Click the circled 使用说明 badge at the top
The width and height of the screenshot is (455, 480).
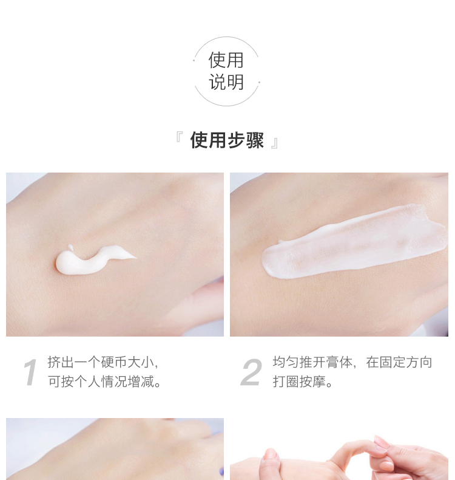(226, 71)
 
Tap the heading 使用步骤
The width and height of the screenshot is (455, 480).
(227, 140)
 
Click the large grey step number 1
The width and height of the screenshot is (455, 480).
(30, 372)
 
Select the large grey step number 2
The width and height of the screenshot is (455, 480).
(251, 372)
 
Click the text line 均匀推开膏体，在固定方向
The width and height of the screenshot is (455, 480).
(352, 362)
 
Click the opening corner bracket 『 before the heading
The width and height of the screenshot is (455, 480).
(179, 137)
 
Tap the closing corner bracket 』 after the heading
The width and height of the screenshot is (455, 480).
(274, 143)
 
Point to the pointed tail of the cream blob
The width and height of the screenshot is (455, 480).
(136, 258)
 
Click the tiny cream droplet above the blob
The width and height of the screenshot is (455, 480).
(70, 247)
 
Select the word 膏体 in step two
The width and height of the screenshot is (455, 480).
(339, 362)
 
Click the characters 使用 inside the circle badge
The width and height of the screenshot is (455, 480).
(226, 60)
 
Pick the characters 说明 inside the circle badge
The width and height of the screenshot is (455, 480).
(226, 82)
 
